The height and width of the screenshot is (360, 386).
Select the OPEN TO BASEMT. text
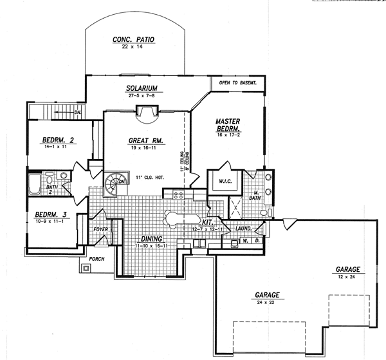(x=238, y=83)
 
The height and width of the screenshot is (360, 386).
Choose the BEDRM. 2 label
(x=59, y=140)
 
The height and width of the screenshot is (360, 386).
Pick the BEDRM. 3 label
(x=51, y=214)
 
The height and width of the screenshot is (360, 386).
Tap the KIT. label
(x=207, y=221)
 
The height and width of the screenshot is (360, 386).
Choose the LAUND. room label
(x=243, y=228)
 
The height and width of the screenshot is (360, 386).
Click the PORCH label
(x=97, y=260)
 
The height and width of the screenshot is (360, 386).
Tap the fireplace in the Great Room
(x=147, y=115)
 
